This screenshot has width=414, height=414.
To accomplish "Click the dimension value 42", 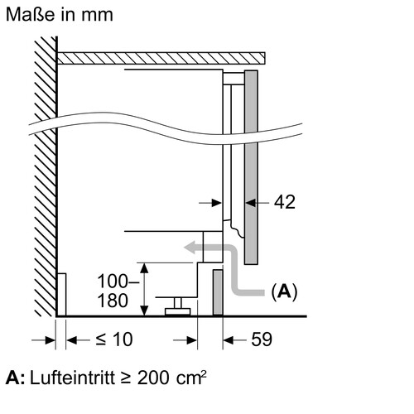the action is tap(285, 202).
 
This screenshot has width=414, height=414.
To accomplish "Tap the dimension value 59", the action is tap(262, 339).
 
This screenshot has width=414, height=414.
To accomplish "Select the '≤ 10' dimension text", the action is tap(114, 339).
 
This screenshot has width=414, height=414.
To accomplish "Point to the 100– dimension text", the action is tap(118, 282).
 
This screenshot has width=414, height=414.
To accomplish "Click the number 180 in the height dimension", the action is tap(113, 301).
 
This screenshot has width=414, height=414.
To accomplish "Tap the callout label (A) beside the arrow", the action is tap(284, 291).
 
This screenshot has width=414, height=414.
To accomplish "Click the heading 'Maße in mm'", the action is tap(60, 14).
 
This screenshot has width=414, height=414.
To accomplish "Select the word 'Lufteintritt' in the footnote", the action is tap(72, 378).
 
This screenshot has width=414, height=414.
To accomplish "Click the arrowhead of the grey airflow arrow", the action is tap(190, 247).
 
